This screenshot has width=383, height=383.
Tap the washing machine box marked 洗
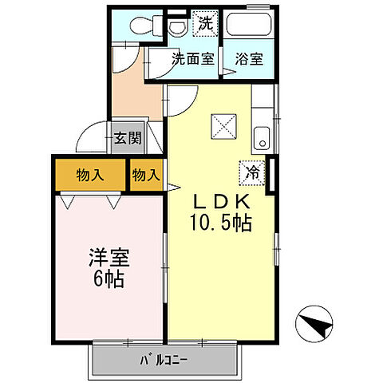click(x=205, y=24)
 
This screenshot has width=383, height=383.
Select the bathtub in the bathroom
click(x=249, y=24)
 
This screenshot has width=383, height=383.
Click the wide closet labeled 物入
click(x=89, y=175)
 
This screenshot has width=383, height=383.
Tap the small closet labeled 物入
click(x=146, y=175)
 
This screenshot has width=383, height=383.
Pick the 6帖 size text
click(x=109, y=280)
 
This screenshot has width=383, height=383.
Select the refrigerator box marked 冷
click(x=251, y=171)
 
